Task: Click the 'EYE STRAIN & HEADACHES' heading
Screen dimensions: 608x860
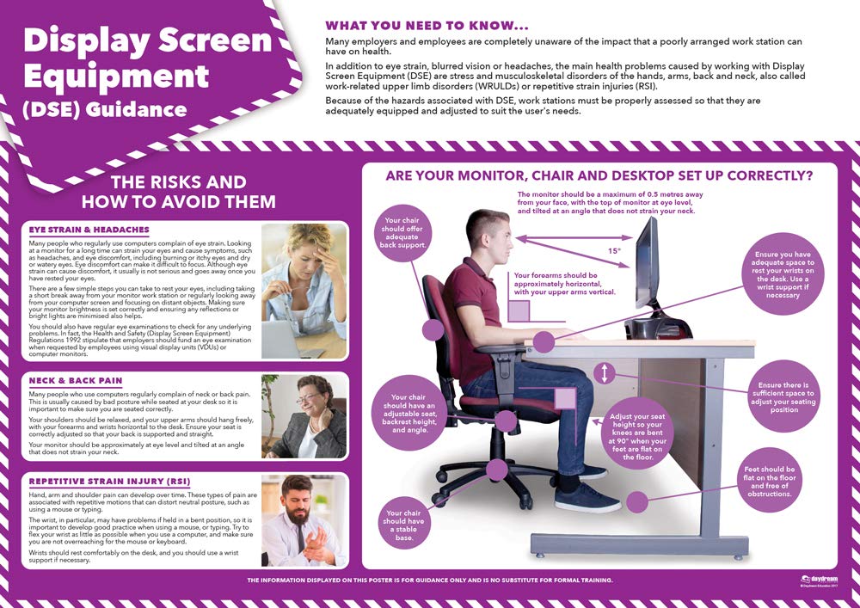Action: pos(89,230)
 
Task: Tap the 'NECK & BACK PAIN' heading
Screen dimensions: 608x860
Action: pos(76,380)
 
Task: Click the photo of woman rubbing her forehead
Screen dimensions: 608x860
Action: pos(304,292)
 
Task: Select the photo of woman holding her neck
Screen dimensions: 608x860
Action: pos(304,416)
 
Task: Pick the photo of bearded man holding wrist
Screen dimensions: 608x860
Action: pos(304,520)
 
